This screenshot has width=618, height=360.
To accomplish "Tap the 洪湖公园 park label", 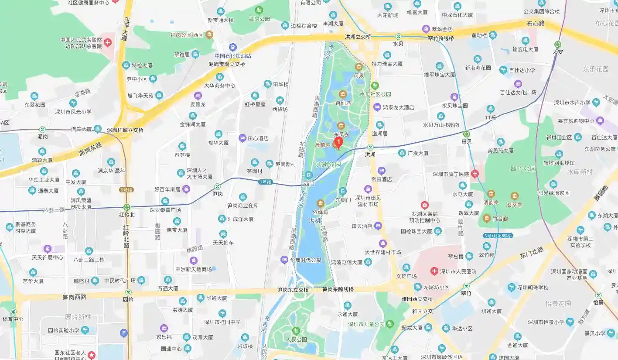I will tap(328, 165).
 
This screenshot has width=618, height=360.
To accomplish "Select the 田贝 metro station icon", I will tap(466, 134).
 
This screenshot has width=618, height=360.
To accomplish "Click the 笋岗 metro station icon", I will tap(217, 186).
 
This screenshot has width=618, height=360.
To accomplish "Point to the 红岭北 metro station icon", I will tap(126, 207).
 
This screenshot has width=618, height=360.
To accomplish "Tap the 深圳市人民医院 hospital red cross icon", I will tap(434, 271).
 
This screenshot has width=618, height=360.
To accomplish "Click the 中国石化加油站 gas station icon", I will tap(233, 47).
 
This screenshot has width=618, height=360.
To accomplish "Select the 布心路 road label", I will tap(536, 23).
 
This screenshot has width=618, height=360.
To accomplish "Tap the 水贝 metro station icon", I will tap(398, 36).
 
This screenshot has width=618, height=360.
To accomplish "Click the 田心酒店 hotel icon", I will tap(242, 138).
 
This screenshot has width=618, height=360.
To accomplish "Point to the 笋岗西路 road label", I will tap(74, 297).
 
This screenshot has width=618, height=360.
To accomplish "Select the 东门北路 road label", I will tap(532, 252).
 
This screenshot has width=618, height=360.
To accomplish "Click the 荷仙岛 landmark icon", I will tap(342, 95).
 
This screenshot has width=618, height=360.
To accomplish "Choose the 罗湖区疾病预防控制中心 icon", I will tap(424, 205).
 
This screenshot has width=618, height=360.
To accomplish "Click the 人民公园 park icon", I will tap(296, 330).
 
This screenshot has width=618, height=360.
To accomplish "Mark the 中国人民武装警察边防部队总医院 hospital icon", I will tap(107, 42).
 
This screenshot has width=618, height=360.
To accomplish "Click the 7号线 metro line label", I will tap(265, 182).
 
